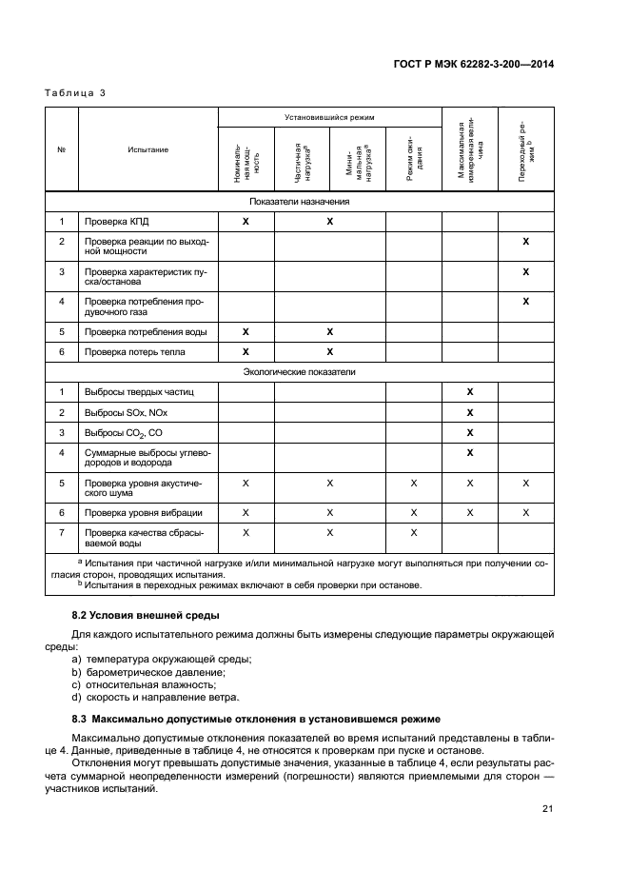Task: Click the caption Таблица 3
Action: tap(74, 92)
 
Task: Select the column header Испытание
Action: tap(147, 149)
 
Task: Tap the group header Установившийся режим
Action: tap(329, 117)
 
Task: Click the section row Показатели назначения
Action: tap(300, 202)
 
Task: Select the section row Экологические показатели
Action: tap(300, 372)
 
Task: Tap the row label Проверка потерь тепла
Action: tap(135, 352)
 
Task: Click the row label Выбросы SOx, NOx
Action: tap(127, 412)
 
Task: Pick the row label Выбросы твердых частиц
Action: tap(138, 391)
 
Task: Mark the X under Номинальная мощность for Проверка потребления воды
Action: tap(246, 332)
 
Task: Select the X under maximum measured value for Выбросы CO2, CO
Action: tap(469, 432)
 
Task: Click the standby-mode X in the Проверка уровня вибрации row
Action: tap(413, 512)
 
